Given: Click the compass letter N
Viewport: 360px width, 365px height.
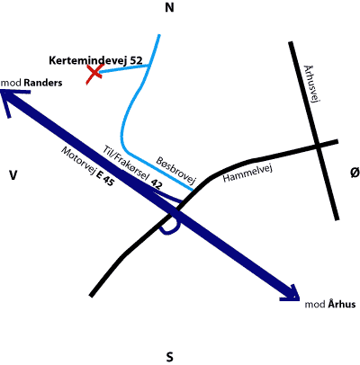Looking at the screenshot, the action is [169, 8].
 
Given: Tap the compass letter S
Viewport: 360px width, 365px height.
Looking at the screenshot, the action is [169, 357].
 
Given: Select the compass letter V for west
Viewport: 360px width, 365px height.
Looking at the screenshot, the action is [13, 175].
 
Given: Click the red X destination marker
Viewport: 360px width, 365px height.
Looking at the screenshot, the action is [94, 74].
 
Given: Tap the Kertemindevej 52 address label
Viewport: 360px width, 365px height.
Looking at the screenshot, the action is [95, 60].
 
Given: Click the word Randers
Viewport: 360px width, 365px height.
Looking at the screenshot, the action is [43, 83].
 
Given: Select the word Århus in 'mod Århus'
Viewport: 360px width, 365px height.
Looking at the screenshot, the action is [342, 304].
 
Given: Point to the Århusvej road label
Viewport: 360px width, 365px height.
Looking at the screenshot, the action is [310, 85].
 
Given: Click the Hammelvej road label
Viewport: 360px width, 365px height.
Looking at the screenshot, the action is [247, 174].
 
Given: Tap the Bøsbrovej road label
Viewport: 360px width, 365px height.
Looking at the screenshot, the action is [175, 170].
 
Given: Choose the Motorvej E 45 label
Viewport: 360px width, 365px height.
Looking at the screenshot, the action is [87, 166].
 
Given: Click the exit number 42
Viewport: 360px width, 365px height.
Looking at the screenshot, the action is [157, 184].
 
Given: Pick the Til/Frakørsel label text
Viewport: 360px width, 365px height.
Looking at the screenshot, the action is [126, 163].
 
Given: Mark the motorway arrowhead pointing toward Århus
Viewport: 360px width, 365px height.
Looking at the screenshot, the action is [291, 294].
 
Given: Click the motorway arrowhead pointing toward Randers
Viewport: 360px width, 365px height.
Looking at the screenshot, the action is [11, 101].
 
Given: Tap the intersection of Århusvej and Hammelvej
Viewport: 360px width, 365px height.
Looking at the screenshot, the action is [318, 147].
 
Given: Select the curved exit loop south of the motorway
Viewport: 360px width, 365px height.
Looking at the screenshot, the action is [170, 229].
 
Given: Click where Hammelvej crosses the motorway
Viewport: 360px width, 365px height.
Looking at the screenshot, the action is [174, 211].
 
